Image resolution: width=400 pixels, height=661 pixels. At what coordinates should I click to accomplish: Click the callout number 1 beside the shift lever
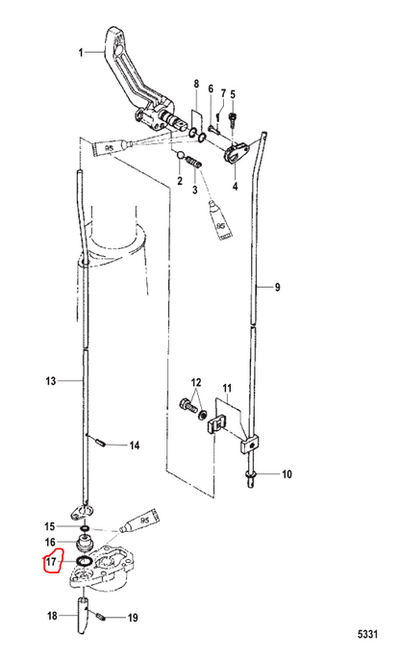coord(80,53)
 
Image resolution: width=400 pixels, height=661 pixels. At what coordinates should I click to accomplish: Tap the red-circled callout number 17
coord(51,562)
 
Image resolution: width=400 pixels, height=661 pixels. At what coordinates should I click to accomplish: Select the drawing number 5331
coord(367,634)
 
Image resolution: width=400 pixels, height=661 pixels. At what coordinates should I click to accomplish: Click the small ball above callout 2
coord(181,155)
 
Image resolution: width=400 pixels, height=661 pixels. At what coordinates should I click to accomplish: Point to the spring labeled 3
coord(195,163)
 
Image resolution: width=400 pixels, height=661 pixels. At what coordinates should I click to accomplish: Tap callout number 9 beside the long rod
coord(277,288)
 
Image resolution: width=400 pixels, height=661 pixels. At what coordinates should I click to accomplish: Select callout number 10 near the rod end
coord(287,474)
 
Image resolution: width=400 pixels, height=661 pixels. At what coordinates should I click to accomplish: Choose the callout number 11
coord(227,388)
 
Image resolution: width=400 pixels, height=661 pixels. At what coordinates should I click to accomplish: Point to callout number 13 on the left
coord(51,381)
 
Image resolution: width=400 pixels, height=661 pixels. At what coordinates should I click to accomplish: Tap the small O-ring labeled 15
coord(85,527)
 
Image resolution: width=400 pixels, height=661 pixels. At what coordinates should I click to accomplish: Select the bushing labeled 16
coord(86,543)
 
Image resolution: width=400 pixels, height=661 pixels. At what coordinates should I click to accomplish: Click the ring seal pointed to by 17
coord(85,562)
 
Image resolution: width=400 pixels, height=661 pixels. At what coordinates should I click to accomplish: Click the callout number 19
coord(133,618)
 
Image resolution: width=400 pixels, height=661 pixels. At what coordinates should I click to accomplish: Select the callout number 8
coord(196,85)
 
